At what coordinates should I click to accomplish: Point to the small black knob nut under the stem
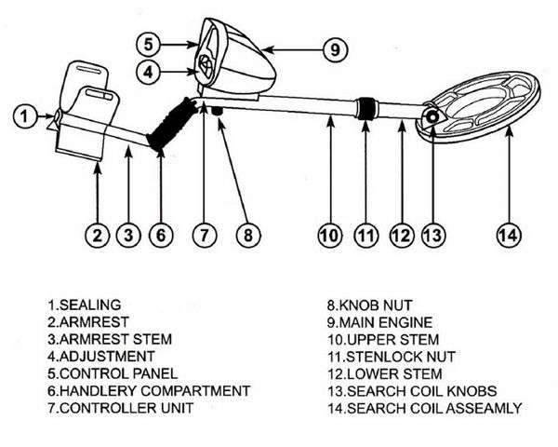(x=219, y=112)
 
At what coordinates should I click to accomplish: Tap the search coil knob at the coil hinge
(x=432, y=118)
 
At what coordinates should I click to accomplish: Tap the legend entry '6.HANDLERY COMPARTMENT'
(x=148, y=390)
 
